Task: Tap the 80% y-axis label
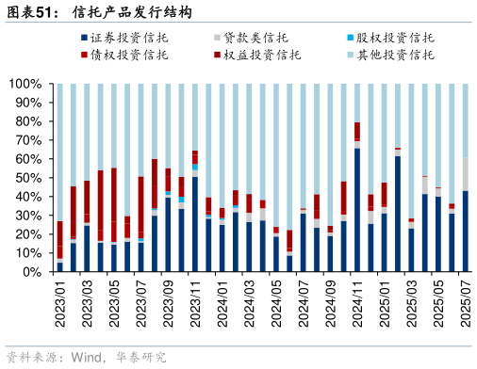tap(26, 121)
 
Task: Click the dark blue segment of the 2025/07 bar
tap(466, 232)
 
